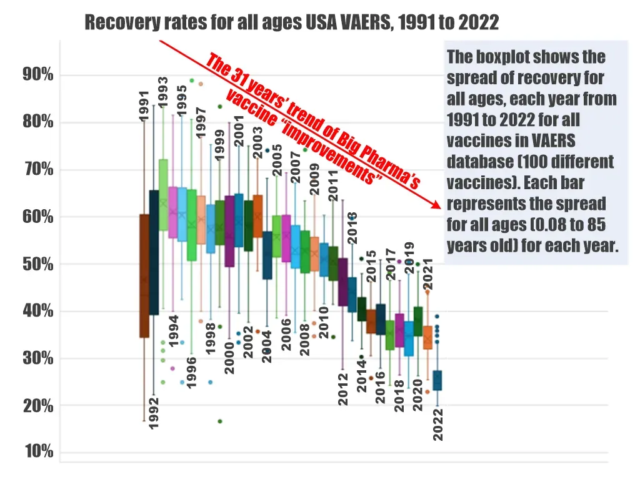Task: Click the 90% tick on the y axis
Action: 38,75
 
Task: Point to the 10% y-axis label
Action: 38,452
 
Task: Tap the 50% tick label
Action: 38,264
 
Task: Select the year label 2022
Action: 438,425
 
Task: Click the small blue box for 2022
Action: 437,380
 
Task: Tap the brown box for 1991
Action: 144,275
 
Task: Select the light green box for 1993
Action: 163,195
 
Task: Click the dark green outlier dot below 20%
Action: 220,421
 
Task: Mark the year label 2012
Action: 342,389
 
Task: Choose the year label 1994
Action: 174,331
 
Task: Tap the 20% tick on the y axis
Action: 38,405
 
